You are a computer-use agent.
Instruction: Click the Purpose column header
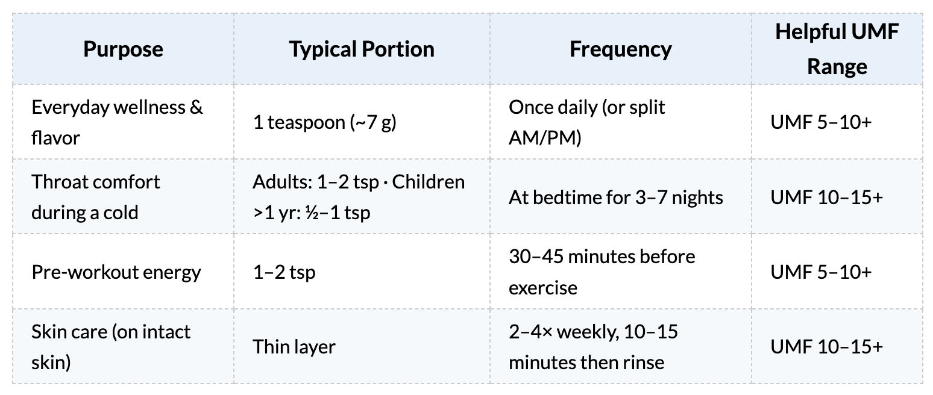(x=123, y=49)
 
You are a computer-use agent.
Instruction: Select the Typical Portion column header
(x=362, y=49)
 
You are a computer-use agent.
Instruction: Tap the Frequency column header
(x=621, y=49)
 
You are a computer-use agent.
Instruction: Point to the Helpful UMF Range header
(x=837, y=49)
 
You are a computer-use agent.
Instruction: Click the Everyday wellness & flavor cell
(x=117, y=122)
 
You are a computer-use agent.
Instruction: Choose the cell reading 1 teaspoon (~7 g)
(x=324, y=122)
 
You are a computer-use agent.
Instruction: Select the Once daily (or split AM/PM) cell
(x=586, y=122)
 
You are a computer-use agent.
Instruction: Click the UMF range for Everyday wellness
(x=821, y=122)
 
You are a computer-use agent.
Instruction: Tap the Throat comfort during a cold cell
(x=96, y=197)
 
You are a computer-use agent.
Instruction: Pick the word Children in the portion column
(x=428, y=182)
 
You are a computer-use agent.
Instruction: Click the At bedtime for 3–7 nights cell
(x=615, y=197)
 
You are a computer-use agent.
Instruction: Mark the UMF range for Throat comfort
(x=827, y=197)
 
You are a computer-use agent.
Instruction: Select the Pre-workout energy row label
(x=116, y=272)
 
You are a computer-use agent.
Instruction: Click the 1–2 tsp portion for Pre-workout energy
(x=284, y=272)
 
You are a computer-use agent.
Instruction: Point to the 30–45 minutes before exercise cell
(x=602, y=272)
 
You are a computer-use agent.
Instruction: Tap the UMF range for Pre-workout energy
(x=821, y=272)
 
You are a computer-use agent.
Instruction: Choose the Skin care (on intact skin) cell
(x=111, y=347)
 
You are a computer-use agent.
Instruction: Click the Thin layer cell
(x=294, y=347)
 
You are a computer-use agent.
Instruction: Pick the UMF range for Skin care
(x=827, y=347)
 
